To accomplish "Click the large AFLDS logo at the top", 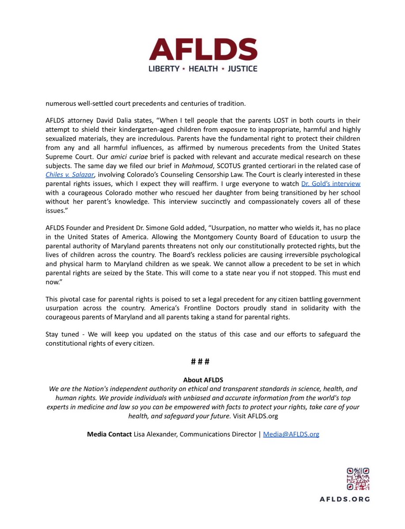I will click(x=202, y=48).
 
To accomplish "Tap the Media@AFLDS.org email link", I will click(x=291, y=434).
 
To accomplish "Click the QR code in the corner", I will click(x=358, y=479).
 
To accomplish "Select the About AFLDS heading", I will click(x=203, y=380).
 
